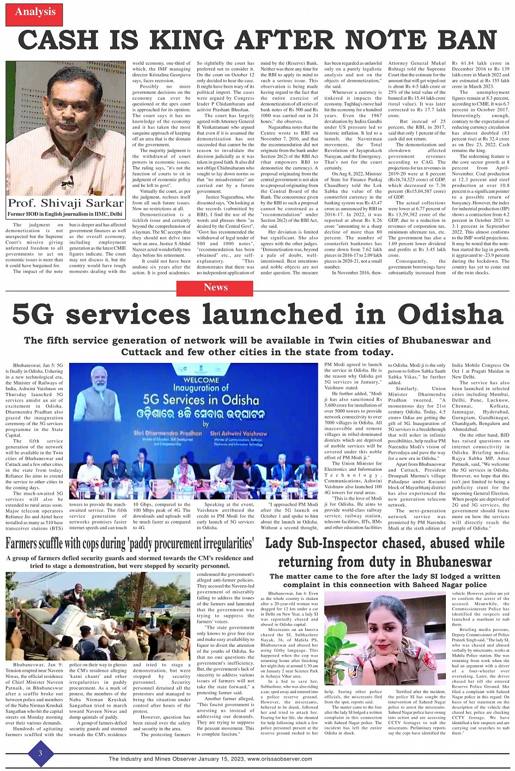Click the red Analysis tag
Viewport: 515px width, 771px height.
pos(35,12)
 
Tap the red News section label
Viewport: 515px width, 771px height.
pos(215,287)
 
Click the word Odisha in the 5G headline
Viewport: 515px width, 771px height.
pos(450,314)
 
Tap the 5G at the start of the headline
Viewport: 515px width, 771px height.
pos(36,314)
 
